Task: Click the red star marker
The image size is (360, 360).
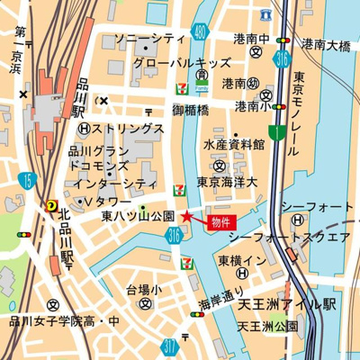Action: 186,216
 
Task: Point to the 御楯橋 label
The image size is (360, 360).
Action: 191,110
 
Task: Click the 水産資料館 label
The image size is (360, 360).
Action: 234,144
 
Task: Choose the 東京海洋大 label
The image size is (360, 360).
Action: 229,183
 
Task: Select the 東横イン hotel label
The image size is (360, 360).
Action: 241,260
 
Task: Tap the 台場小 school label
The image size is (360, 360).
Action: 142,290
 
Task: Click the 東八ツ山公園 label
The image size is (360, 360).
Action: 138,217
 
